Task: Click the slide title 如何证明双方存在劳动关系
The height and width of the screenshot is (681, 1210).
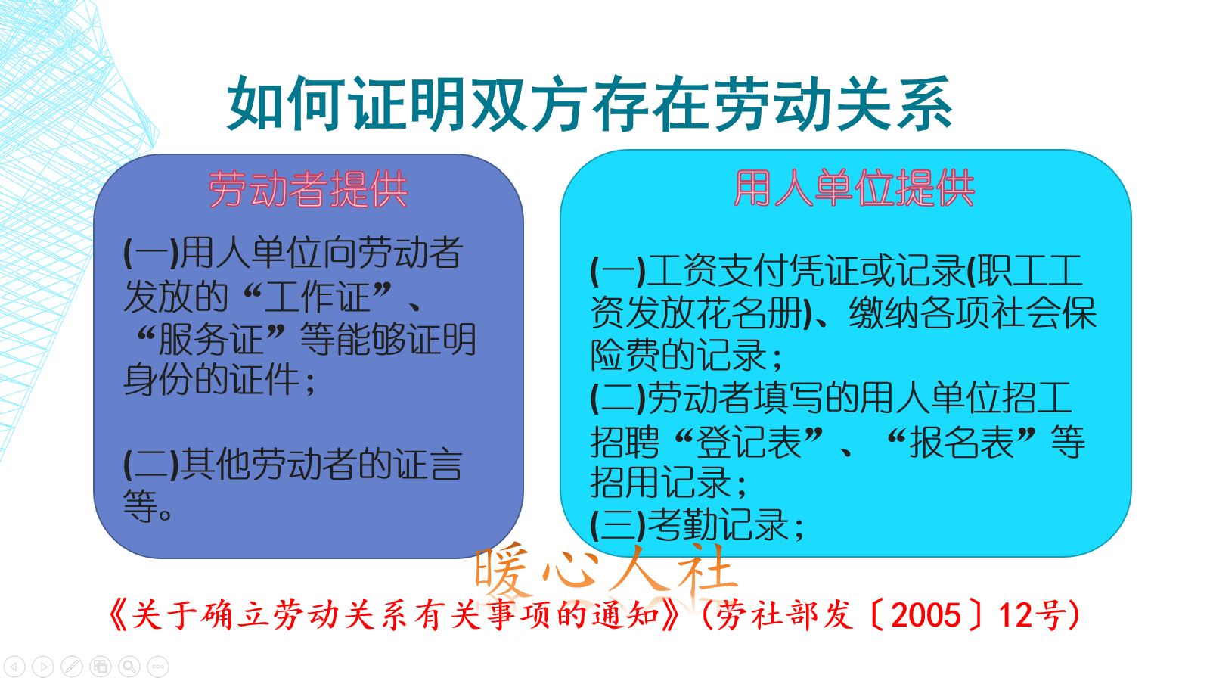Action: [589, 104]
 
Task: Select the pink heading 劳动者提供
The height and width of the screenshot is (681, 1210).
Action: [308, 189]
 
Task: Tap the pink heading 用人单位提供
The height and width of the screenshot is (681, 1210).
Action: [854, 188]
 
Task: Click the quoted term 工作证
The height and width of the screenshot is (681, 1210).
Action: [318, 297]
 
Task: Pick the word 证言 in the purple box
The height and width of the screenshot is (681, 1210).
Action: [427, 465]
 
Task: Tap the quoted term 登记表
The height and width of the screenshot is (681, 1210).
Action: [748, 442]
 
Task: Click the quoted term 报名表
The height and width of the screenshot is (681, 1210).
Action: [961, 442]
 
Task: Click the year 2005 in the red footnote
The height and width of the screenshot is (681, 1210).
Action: [926, 615]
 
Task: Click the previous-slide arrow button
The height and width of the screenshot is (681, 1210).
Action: [15, 667]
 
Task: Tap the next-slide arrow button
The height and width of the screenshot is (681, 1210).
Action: [43, 667]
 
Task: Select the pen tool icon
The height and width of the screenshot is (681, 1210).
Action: [72, 667]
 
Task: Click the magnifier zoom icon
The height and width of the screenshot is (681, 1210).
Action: [129, 667]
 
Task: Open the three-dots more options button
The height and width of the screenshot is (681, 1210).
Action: [158, 667]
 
